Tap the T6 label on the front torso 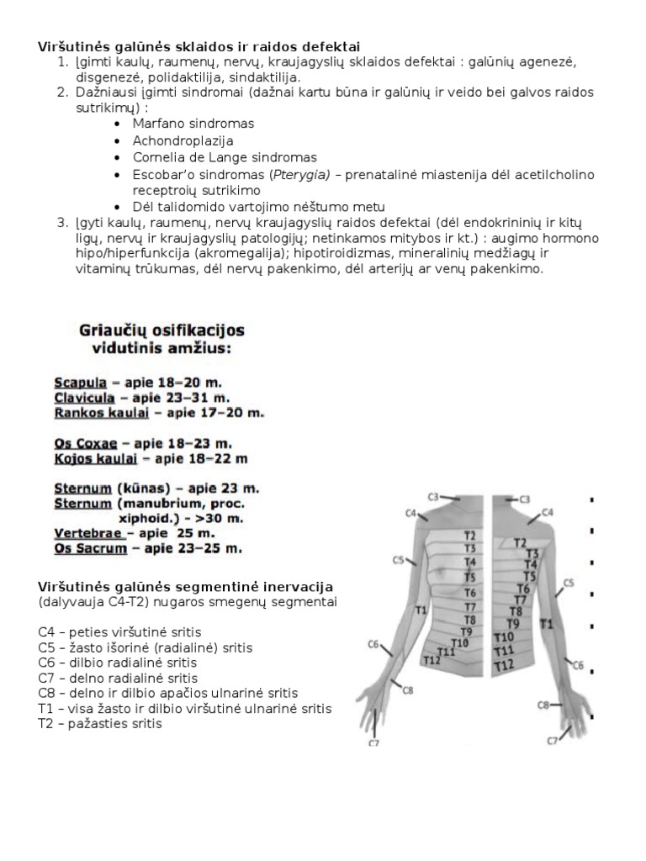[470, 592]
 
